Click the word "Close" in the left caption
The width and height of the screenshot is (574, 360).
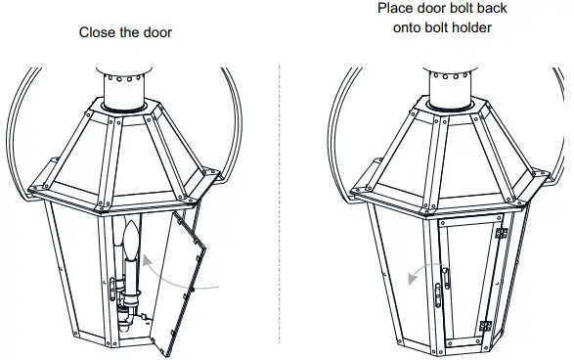[x=96, y=32]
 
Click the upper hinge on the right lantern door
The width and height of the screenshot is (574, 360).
[x=502, y=235]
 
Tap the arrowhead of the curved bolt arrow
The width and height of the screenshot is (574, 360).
[x=412, y=278]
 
